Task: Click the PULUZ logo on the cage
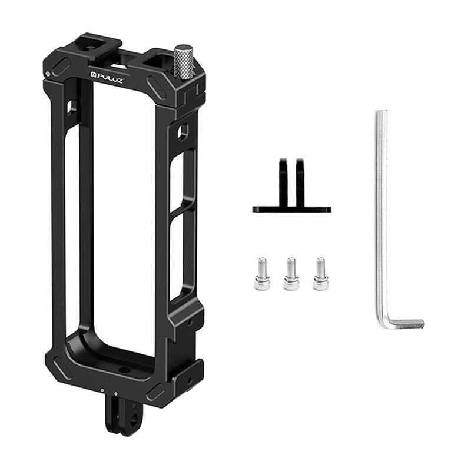click(107, 78)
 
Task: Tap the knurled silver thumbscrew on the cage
click(184, 62)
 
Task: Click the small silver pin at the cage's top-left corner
click(48, 74)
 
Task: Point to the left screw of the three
click(262, 274)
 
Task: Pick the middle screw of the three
click(291, 274)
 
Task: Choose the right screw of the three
click(320, 274)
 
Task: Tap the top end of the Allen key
click(382, 114)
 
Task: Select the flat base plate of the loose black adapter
click(291, 209)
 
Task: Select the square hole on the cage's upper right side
click(183, 131)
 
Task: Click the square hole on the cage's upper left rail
click(71, 107)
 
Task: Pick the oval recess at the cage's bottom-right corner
click(155, 390)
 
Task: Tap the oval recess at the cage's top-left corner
click(61, 66)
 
